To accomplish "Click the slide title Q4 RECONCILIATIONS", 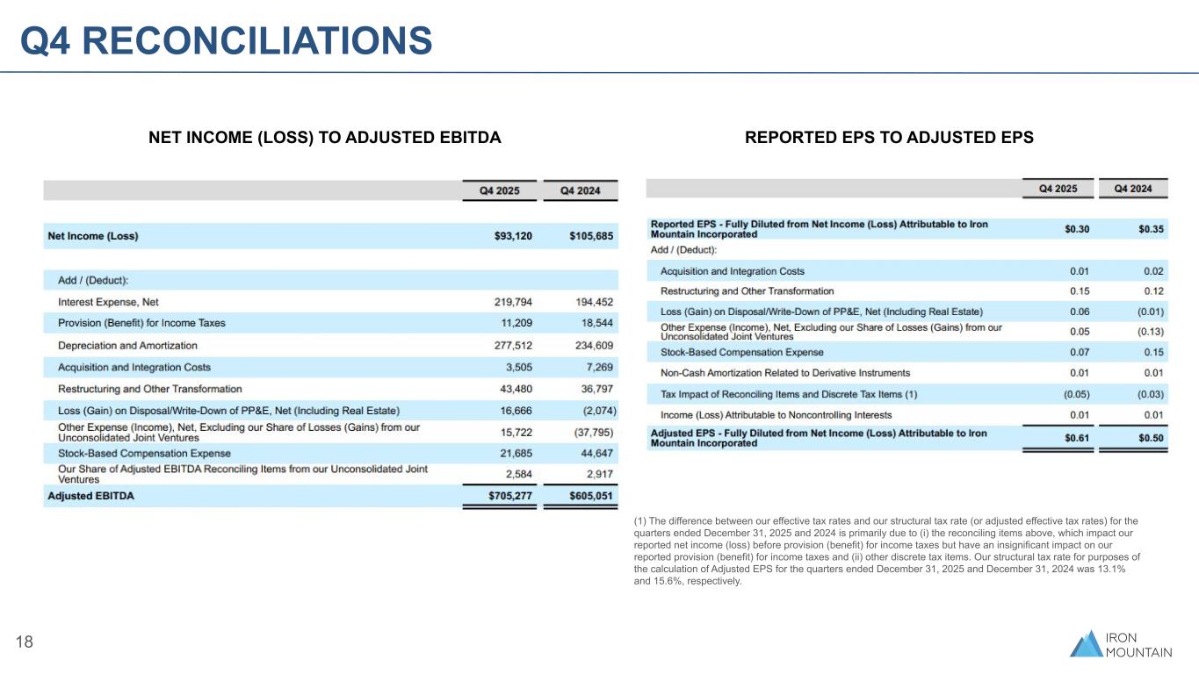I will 227,39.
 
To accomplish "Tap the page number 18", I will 25,642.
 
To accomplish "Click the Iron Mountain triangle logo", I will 1086,643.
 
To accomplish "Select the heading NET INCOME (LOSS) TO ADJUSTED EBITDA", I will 324,138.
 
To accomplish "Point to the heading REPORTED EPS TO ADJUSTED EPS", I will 889,138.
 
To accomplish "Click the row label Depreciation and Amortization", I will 127,346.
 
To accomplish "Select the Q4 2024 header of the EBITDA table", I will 581,190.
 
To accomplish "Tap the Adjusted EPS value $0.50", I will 1151,438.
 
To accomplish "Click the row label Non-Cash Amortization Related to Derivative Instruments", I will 785,373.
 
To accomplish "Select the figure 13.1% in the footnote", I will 1114,569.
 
